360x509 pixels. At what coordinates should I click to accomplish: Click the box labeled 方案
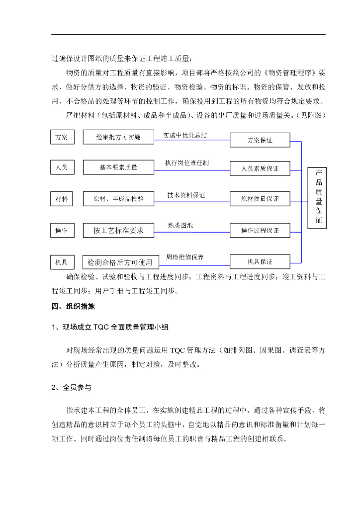[x=62, y=137]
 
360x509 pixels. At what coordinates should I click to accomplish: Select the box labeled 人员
[x=62, y=168]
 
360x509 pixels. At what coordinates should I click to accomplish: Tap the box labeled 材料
[x=62, y=199]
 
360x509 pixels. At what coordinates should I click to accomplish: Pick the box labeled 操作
[x=62, y=230]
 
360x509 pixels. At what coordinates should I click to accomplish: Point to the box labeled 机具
[x=62, y=261]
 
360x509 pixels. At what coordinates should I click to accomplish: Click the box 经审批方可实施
[x=118, y=137]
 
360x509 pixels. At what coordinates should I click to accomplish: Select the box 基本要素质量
[x=118, y=168]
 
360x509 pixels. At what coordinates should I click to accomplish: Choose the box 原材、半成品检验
[x=118, y=199]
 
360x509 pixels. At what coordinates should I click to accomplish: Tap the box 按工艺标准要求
[x=118, y=230]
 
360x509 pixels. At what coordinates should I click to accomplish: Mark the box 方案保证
[x=260, y=140]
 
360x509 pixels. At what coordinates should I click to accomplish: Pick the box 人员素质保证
[x=260, y=169]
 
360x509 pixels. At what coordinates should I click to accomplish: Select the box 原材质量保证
[x=260, y=198]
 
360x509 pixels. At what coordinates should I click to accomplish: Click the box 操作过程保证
[x=260, y=230]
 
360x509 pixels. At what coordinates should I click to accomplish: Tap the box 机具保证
[x=260, y=261]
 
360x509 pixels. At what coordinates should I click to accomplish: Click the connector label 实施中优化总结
[x=185, y=135]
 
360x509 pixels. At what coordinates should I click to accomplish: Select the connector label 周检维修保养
[x=184, y=257]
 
